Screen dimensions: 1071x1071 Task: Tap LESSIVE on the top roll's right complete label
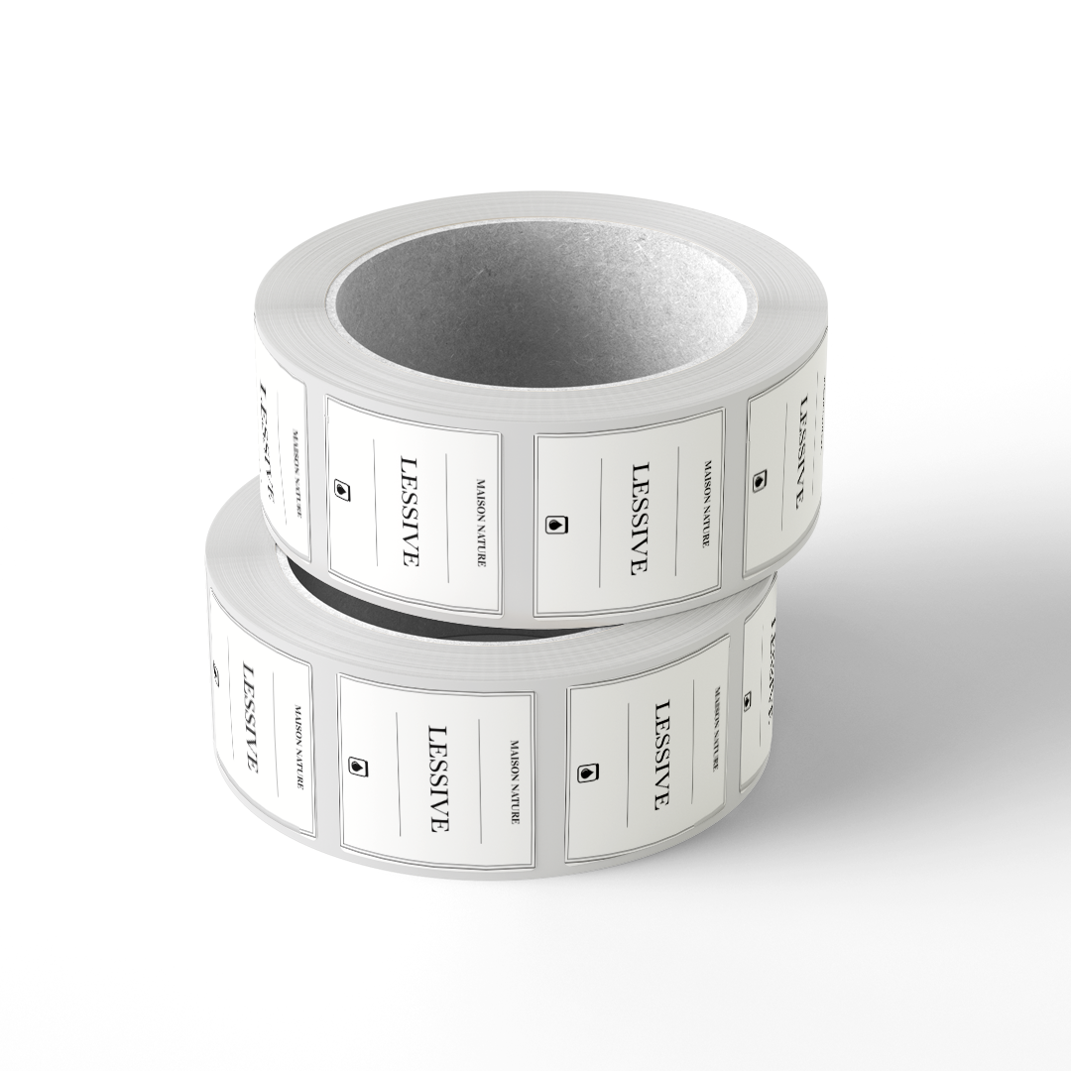(x=639, y=519)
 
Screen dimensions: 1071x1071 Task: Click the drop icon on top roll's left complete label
(x=341, y=490)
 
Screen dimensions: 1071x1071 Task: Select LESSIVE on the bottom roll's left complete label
(x=438, y=778)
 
